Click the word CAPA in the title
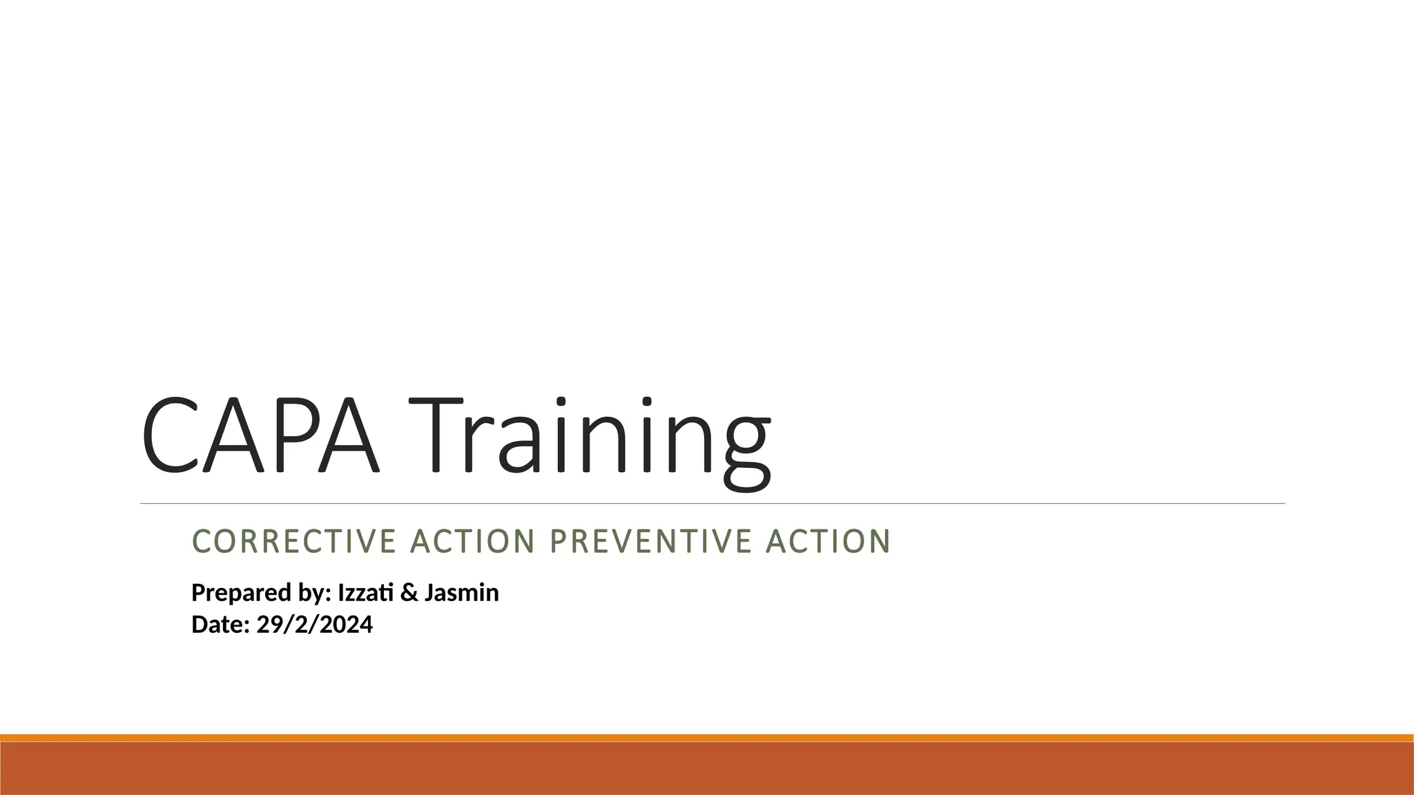[260, 436]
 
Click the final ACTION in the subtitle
[829, 541]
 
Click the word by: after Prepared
[316, 593]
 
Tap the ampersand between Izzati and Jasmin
[409, 593]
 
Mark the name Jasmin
[461, 593]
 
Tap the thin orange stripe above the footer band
[707, 738]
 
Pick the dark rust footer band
[707, 769]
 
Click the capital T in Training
[435, 436]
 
